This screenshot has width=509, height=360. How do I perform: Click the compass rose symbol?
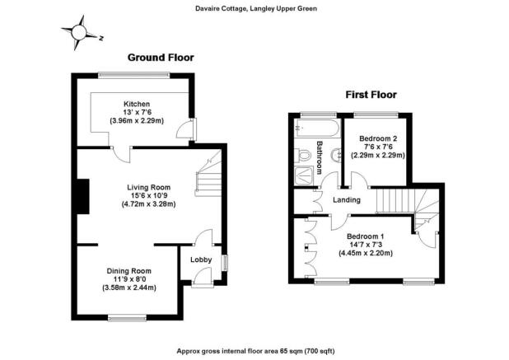pyautogui.click(x=79, y=32)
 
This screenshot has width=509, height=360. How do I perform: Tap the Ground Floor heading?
pyautogui.click(x=161, y=58)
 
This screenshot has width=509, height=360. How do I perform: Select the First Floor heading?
pyautogui.click(x=371, y=95)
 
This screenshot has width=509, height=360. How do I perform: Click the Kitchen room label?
pyautogui.click(x=137, y=104)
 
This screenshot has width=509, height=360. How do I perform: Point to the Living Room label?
pyautogui.click(x=149, y=187)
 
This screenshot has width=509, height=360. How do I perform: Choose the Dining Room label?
pyautogui.click(x=129, y=271)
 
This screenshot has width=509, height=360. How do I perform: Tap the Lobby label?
pyautogui.click(x=201, y=259)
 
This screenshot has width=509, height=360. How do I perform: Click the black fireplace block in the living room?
pyautogui.click(x=83, y=196)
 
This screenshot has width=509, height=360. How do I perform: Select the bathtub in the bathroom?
pyautogui.click(x=317, y=128)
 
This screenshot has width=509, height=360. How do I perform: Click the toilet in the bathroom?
pyautogui.click(x=302, y=155)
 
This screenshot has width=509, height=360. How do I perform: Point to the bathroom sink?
pyautogui.click(x=337, y=155)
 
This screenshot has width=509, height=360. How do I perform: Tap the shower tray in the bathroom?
pyautogui.click(x=304, y=175)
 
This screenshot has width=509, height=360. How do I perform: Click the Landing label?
pyautogui.click(x=347, y=200)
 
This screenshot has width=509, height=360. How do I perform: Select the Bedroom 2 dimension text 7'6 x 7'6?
pyautogui.click(x=378, y=147)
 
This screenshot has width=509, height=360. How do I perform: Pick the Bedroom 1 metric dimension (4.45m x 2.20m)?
pyautogui.click(x=366, y=253)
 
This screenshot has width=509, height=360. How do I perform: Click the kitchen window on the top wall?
pyautogui.click(x=134, y=75)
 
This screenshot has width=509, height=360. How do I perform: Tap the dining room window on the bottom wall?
pyautogui.click(x=127, y=318)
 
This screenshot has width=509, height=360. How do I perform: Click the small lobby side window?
pyautogui.click(x=225, y=263)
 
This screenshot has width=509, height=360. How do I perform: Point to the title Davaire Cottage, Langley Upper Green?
pyautogui.click(x=256, y=9)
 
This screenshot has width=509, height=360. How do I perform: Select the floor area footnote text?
pyautogui.click(x=256, y=351)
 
